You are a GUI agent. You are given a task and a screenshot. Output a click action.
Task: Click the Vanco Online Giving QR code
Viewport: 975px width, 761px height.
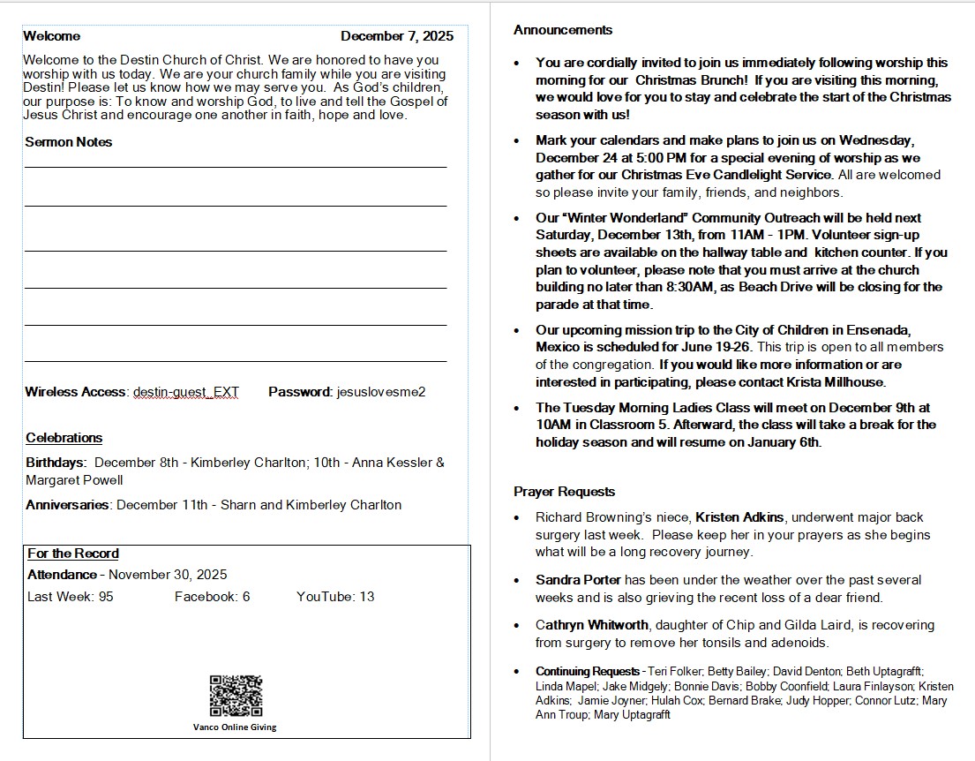[236, 696]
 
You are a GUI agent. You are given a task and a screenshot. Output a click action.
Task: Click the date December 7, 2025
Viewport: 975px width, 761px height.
[397, 36]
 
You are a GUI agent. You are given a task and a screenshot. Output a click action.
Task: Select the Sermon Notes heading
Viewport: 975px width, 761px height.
[69, 142]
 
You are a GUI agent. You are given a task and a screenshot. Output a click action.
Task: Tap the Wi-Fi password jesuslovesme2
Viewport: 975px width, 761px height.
[381, 392]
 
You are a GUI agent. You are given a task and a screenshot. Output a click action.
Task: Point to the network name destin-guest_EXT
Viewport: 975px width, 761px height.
[186, 392]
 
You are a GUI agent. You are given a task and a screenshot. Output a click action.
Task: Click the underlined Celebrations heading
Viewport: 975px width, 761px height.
[64, 438]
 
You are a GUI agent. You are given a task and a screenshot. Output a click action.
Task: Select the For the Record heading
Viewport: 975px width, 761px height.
[73, 554]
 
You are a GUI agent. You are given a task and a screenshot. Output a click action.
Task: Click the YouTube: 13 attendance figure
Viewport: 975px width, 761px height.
[335, 597]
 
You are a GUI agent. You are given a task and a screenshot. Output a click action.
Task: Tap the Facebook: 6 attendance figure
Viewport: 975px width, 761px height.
[213, 597]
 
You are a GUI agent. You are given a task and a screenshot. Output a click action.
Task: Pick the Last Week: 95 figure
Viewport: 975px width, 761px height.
[71, 597]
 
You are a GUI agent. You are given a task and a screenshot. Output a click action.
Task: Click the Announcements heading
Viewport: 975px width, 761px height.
[563, 30]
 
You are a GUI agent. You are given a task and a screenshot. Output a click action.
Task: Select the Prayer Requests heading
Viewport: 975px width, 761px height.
[565, 492]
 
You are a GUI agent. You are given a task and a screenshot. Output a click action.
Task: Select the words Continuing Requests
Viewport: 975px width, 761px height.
[587, 672]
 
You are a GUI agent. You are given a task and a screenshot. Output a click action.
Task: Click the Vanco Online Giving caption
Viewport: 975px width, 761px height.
[235, 727]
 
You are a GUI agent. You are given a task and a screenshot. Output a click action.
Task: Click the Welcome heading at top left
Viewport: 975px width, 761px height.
[51, 36]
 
